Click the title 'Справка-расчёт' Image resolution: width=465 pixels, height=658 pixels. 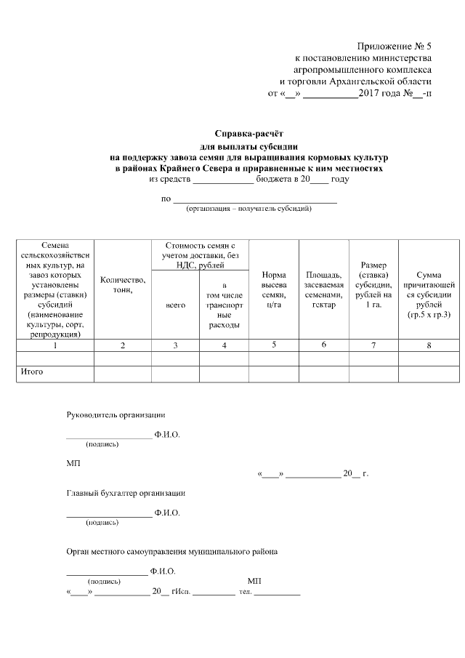pyautogui.click(x=247, y=134)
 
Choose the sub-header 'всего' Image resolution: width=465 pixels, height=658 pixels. pyautogui.click(x=175, y=305)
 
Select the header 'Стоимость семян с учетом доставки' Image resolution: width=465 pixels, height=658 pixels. pyautogui.click(x=200, y=255)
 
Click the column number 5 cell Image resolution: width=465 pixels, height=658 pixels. pyautogui.click(x=274, y=345)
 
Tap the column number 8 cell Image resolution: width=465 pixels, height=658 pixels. pyautogui.click(x=429, y=345)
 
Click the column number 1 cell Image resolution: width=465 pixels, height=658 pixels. pyautogui.click(x=55, y=345)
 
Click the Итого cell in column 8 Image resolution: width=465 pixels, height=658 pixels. pyautogui.click(x=429, y=373)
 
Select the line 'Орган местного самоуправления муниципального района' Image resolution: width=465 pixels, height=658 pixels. pyautogui.click(x=171, y=552)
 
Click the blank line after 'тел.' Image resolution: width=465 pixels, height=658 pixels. pyautogui.click(x=277, y=593)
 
